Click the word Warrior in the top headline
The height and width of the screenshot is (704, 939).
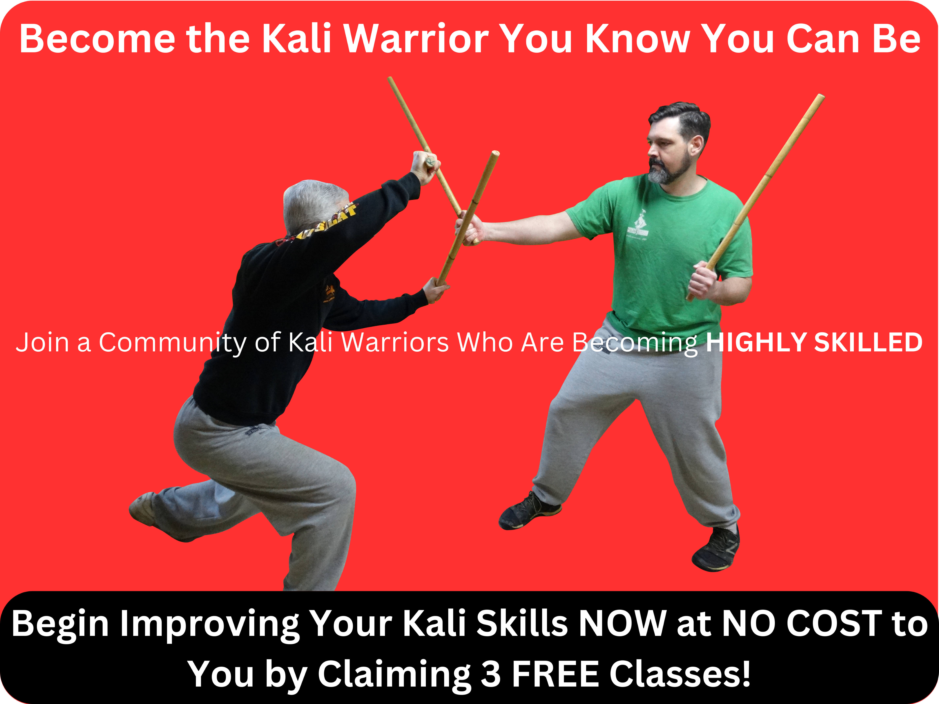tap(416, 39)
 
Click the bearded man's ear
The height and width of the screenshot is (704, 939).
tap(697, 146)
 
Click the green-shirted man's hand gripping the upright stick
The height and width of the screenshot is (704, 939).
tap(703, 280)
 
